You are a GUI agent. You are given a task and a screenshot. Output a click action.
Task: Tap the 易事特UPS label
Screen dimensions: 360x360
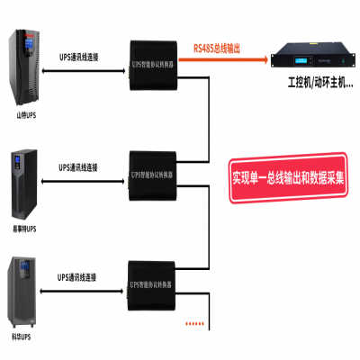tap(25, 229)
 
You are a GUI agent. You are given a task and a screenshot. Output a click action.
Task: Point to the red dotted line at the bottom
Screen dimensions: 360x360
tap(195, 321)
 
